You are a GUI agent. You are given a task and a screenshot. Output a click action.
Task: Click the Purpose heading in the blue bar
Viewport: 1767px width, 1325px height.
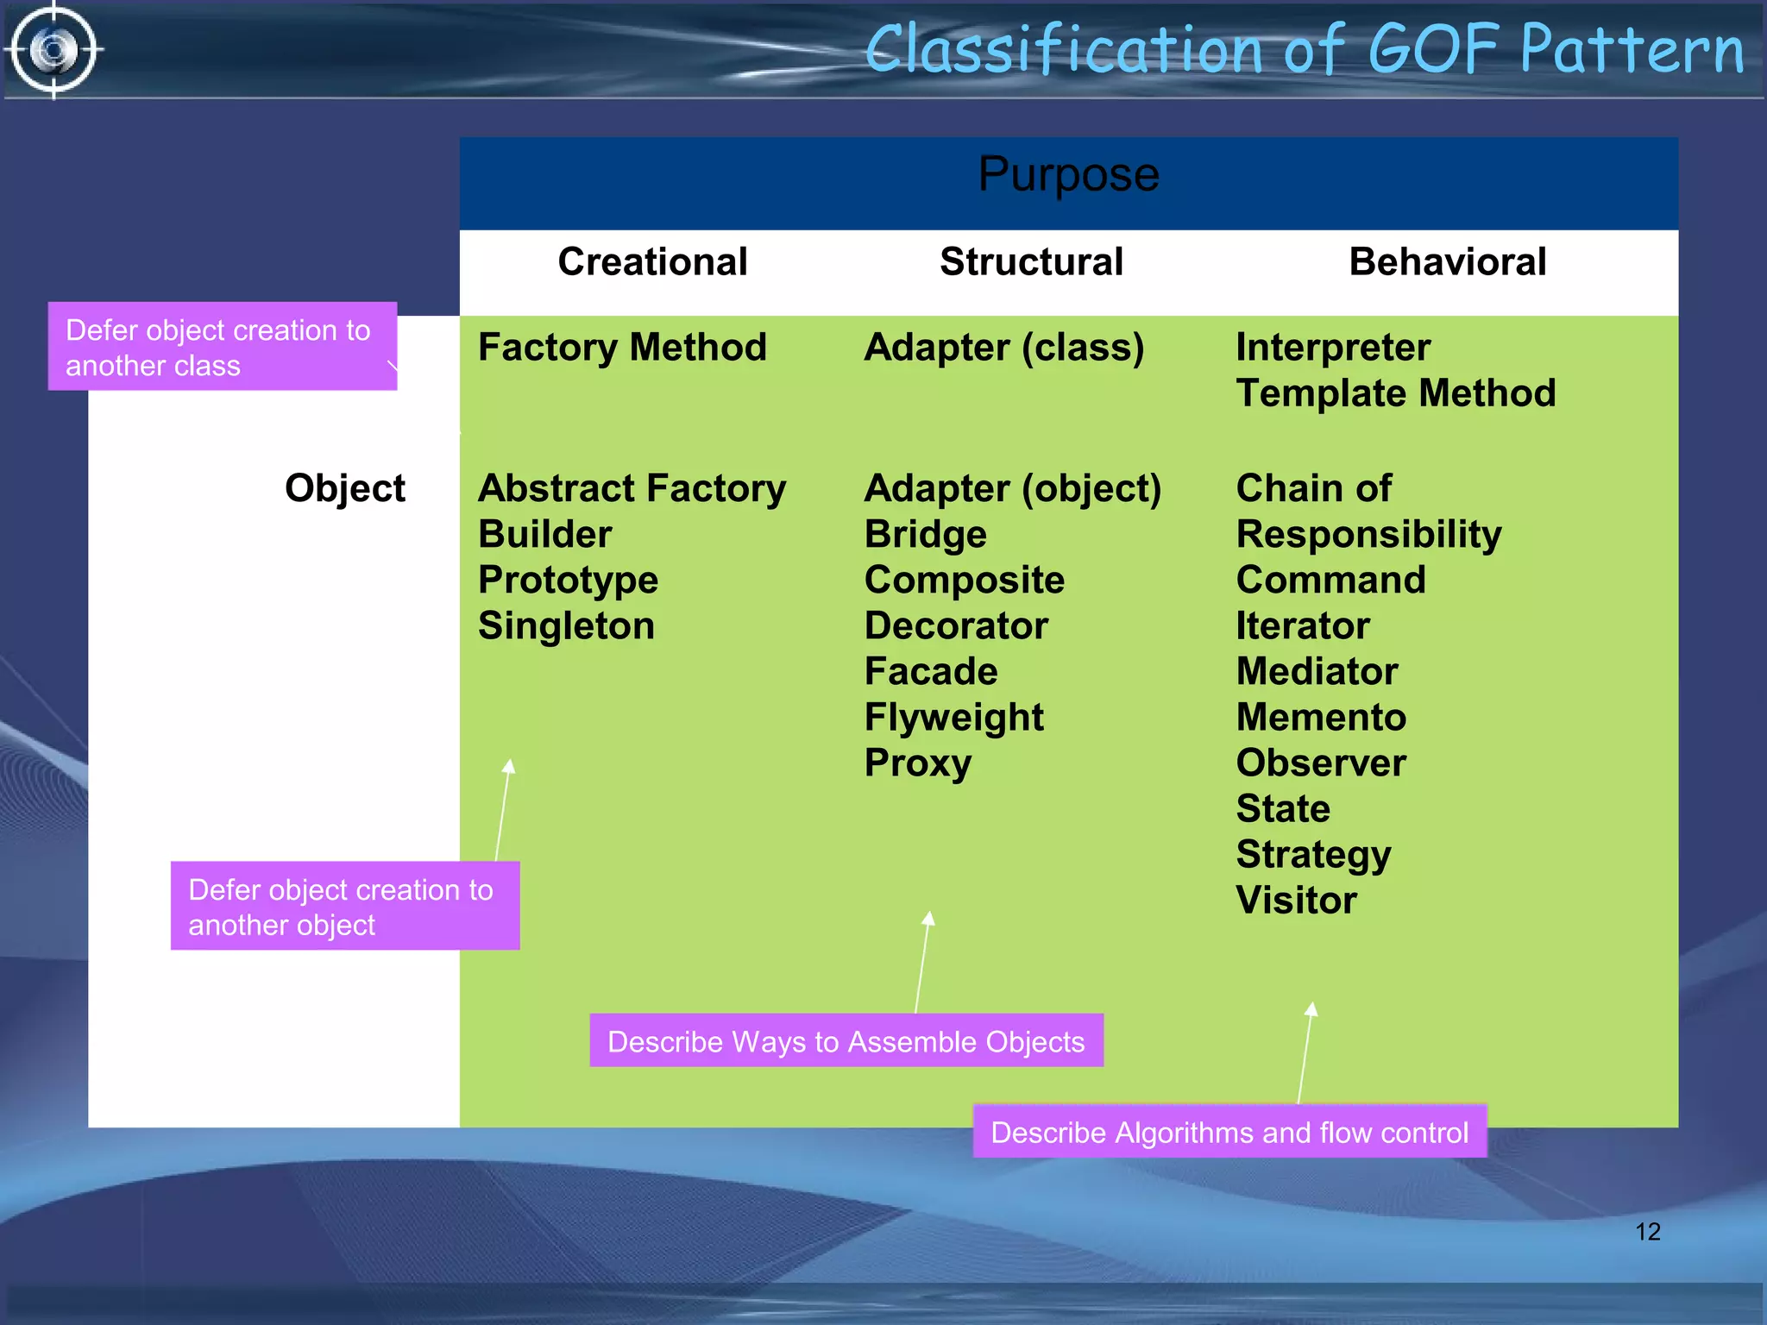pos(1068,175)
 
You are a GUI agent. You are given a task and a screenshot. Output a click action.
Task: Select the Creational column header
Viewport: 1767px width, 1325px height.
pos(652,262)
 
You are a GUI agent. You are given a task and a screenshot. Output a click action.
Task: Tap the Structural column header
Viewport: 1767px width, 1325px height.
pos(1031,262)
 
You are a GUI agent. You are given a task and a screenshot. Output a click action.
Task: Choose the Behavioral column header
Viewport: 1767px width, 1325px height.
pos(1447,262)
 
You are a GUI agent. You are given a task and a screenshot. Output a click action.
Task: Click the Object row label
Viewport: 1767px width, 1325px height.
pos(344,489)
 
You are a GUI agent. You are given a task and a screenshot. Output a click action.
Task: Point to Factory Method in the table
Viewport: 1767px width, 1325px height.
pos(622,348)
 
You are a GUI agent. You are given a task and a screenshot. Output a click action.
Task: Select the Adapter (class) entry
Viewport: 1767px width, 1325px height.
pos(1003,348)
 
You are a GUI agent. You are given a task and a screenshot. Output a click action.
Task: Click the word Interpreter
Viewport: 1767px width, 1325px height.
pos(1332,348)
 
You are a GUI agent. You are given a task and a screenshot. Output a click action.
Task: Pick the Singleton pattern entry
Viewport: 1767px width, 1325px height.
pos(566,626)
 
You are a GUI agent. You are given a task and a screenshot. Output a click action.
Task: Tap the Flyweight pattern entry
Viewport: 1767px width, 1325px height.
pos(953,718)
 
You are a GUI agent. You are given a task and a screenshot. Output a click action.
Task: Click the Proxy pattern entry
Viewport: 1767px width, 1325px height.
pos(917,763)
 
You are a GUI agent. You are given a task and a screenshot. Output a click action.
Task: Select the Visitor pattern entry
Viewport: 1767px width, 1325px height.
pos(1296,901)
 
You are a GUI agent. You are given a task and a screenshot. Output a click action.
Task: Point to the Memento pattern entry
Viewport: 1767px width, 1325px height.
pos(1320,718)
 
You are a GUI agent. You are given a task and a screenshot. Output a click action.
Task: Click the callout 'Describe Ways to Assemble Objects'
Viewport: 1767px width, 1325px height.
pos(846,1042)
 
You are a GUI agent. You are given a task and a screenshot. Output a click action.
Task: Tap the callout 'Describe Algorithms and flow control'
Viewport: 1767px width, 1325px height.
pos(1229,1133)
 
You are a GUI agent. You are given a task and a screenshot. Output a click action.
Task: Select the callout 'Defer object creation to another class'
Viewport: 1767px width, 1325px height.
pos(222,348)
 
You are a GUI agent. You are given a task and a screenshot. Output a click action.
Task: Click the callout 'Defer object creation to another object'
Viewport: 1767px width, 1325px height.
pos(344,907)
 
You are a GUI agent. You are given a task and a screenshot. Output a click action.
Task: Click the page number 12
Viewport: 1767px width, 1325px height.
pos(1647,1232)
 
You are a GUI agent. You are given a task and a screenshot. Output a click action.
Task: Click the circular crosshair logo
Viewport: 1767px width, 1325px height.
pos(53,50)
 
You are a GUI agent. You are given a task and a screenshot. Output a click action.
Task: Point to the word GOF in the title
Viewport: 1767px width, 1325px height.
pos(1432,50)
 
